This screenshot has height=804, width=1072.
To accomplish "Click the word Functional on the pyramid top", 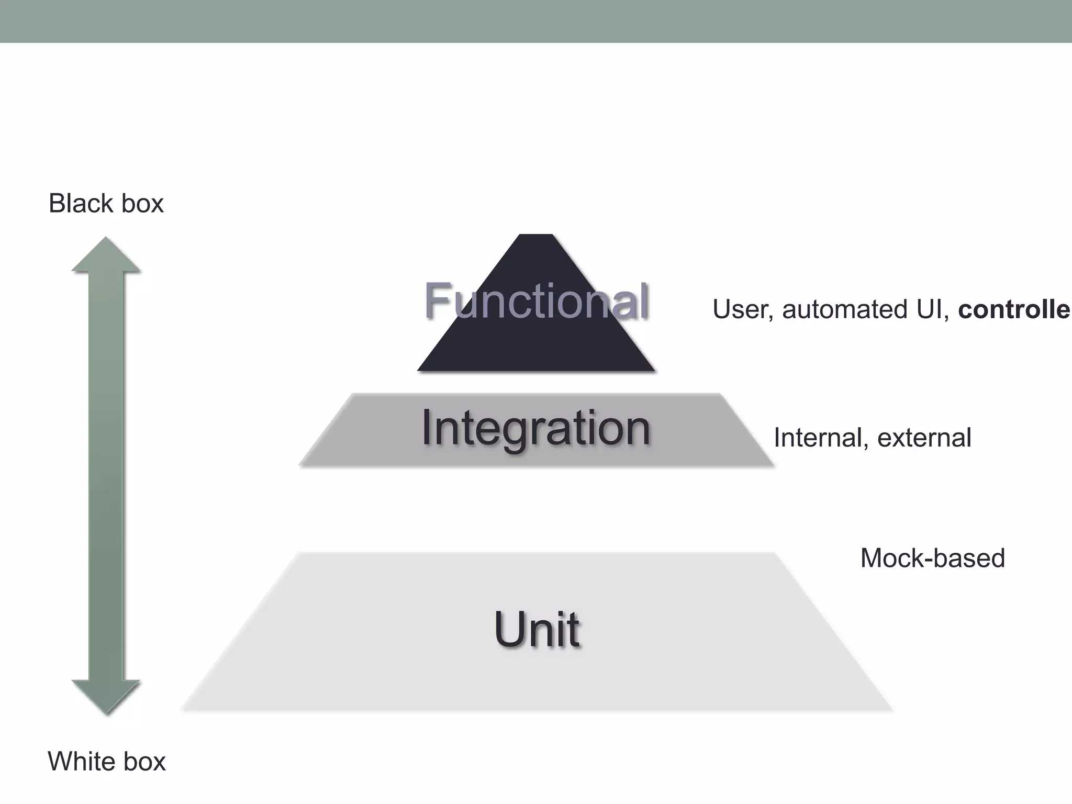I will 537,300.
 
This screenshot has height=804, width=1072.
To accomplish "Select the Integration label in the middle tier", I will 535,428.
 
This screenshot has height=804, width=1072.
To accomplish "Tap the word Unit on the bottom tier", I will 537,629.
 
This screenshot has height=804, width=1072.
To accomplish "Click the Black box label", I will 106,203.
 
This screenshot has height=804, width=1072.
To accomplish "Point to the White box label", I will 107,761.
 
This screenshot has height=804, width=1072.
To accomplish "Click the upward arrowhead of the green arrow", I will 106,255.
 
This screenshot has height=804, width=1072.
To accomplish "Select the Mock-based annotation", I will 932,558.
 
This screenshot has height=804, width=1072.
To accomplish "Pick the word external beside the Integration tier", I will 924,438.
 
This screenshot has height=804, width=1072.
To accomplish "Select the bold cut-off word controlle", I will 1014,309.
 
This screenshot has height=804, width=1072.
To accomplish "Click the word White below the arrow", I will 83,761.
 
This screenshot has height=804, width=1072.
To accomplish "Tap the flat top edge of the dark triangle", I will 535,235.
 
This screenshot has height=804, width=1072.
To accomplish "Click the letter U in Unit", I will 509,629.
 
